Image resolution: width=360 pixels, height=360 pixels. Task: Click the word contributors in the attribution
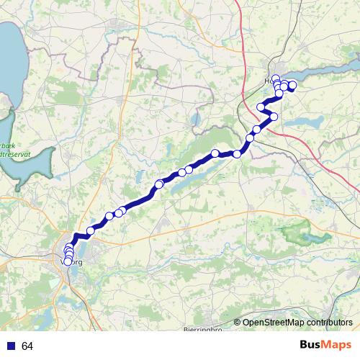pos(330,323)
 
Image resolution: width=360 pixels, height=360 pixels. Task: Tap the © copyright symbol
pos(237,323)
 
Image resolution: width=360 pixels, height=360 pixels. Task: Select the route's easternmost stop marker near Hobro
pos(292,86)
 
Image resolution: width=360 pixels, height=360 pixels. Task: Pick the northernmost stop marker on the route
pos(275,78)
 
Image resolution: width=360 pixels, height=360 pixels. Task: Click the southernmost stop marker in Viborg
pos(68,261)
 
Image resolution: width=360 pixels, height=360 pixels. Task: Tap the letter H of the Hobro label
pos(269,81)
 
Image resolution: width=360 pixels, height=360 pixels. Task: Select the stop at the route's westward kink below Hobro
pos(261,107)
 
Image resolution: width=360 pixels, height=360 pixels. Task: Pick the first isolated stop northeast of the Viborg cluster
pos(91,230)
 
